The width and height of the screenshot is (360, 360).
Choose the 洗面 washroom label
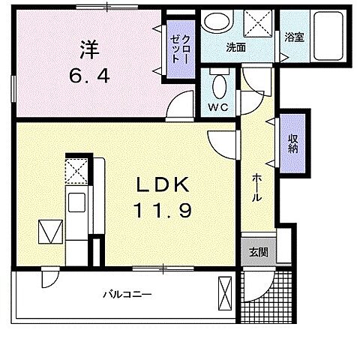pyautogui.click(x=237, y=47)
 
